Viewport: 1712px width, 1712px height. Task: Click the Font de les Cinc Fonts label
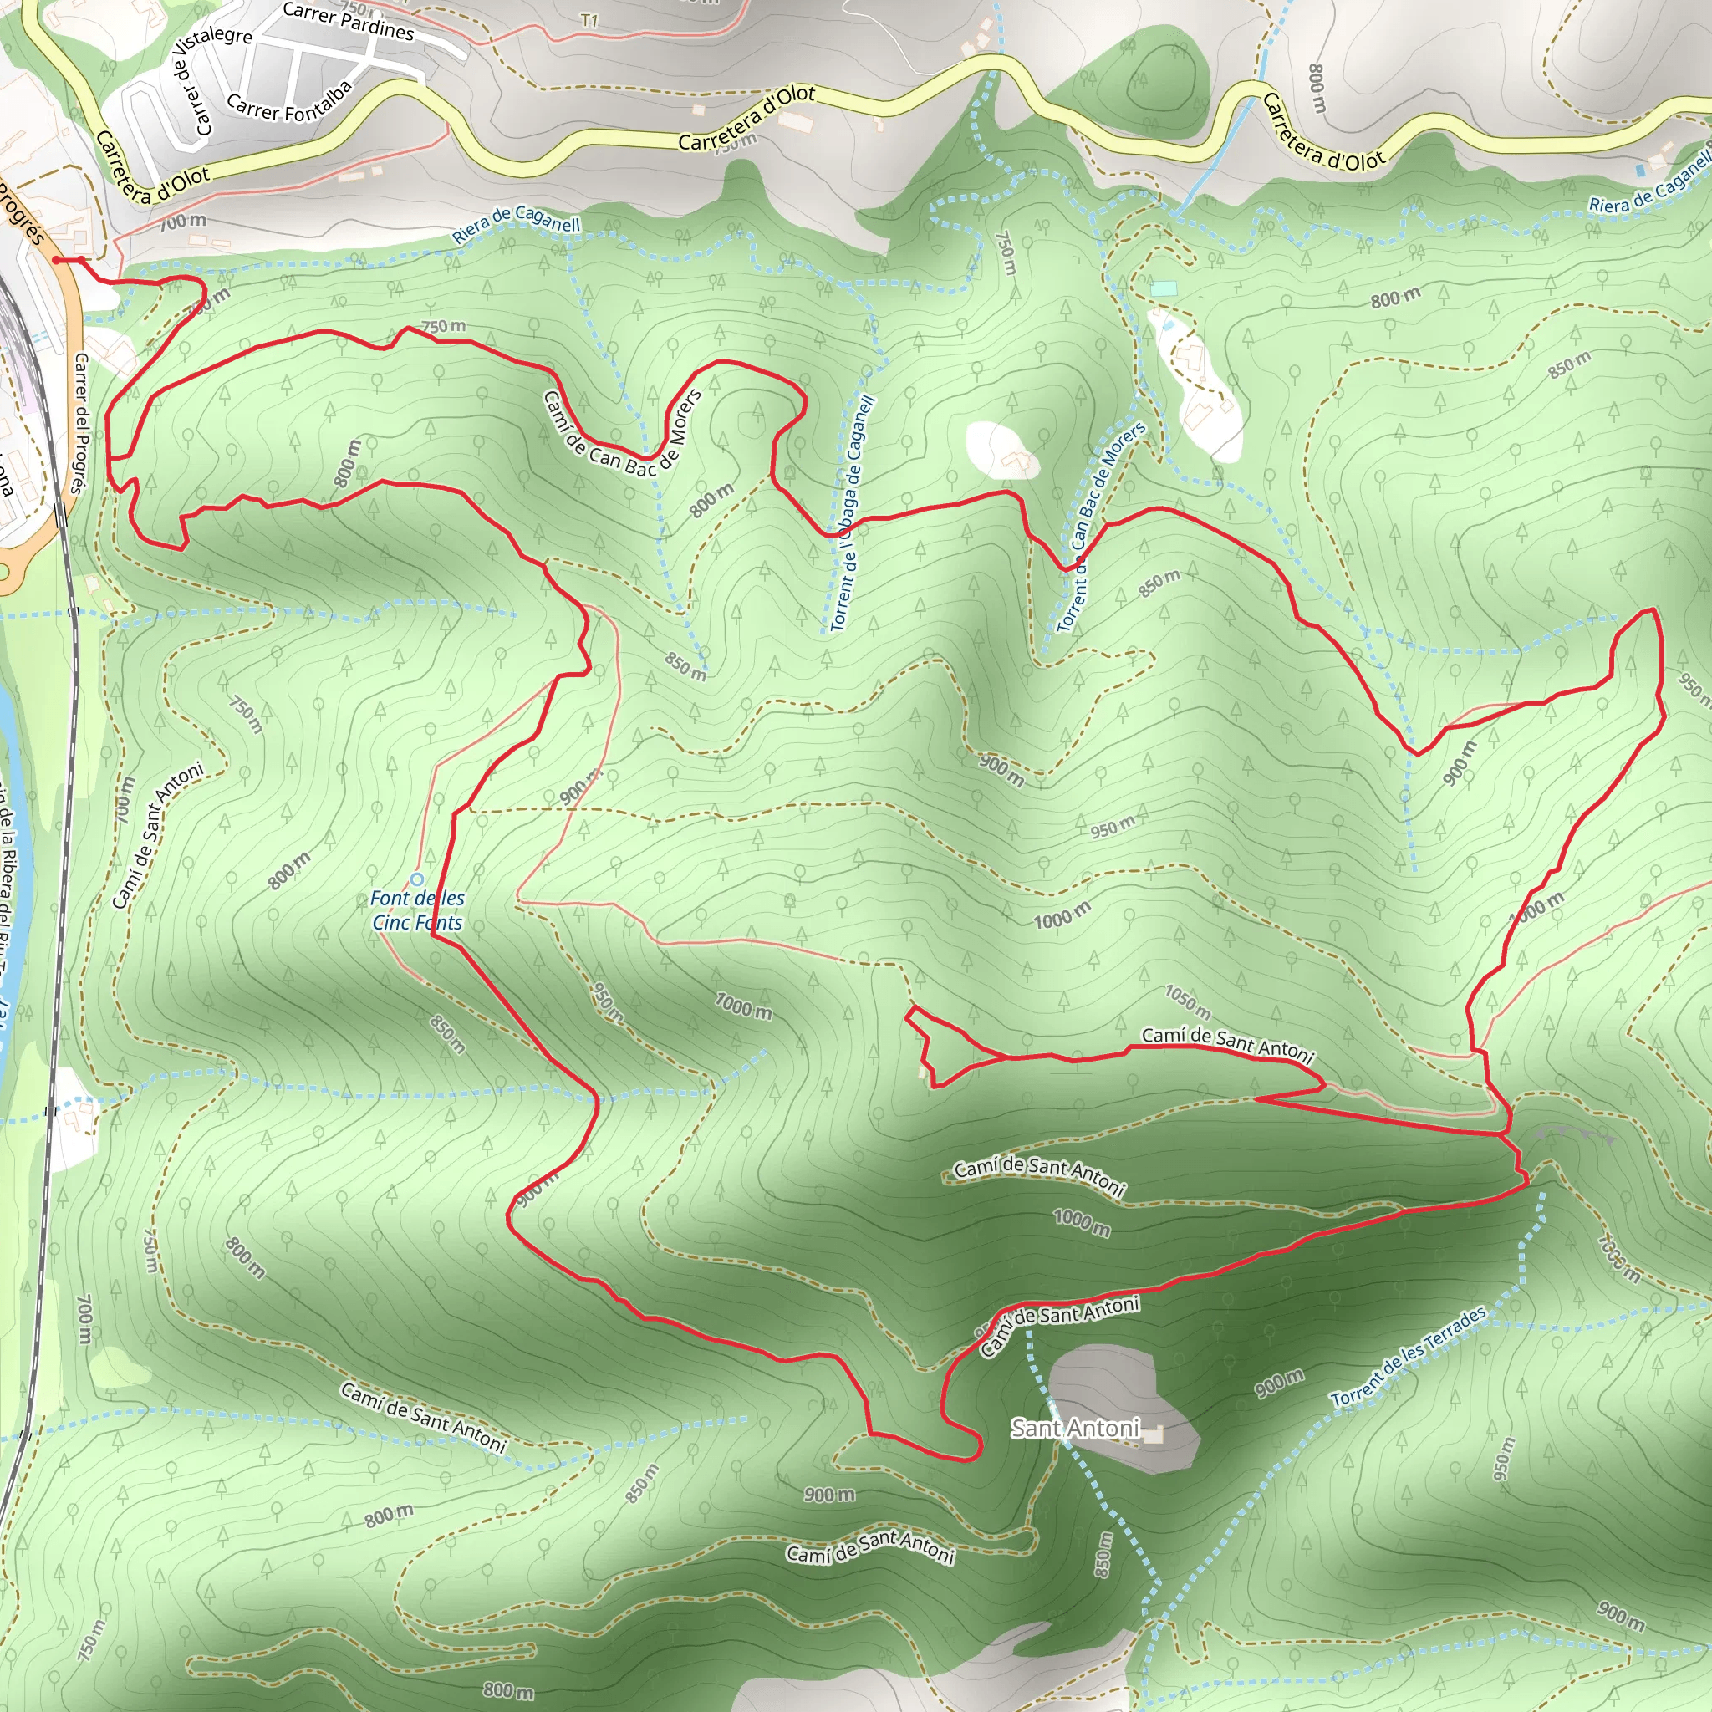point(417,910)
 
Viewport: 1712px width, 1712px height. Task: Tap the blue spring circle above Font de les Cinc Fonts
point(416,879)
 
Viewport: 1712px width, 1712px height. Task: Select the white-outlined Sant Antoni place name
point(1075,1429)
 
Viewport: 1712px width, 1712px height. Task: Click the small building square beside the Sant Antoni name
point(1152,1434)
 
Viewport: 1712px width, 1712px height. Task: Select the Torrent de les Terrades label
point(1408,1357)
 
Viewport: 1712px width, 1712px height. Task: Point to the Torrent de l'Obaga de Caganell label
point(853,514)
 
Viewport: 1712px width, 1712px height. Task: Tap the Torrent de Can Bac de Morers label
point(1101,527)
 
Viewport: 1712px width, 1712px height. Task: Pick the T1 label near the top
point(589,19)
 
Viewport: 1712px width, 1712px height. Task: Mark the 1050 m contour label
point(1187,1001)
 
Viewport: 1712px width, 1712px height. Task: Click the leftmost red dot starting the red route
point(57,260)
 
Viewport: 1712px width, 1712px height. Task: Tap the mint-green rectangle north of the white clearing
point(1164,288)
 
